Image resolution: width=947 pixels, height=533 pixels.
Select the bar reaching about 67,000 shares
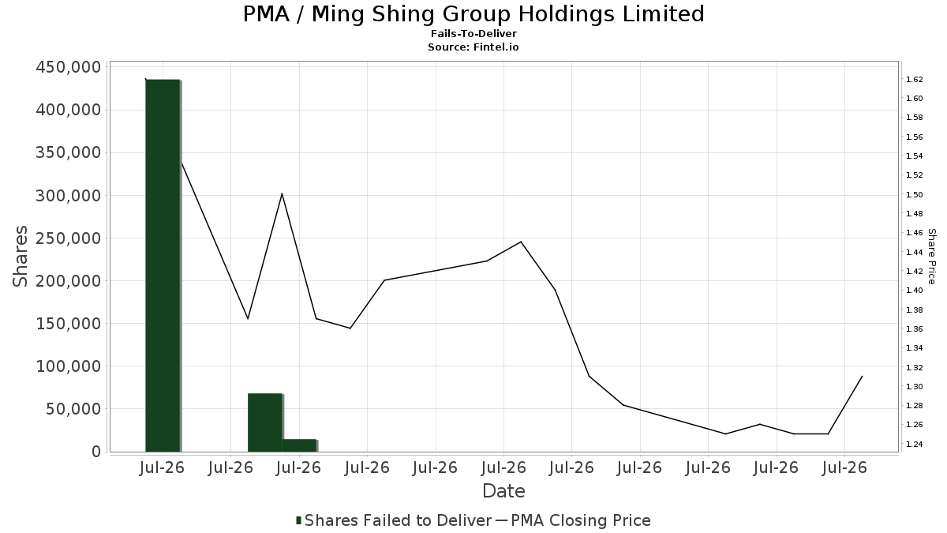pos(265,422)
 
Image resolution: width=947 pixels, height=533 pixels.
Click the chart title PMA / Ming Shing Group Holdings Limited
pos(473,14)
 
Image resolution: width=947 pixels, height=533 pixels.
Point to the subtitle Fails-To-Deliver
pos(473,33)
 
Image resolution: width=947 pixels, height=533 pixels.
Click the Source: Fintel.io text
pos(473,47)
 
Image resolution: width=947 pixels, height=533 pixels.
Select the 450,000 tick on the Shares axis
pos(69,67)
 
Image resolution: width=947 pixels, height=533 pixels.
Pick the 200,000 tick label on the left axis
pos(69,281)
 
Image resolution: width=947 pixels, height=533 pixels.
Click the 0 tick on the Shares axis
pos(97,452)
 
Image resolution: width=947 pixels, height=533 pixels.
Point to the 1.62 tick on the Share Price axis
pos(914,80)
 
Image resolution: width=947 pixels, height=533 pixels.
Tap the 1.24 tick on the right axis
pos(914,444)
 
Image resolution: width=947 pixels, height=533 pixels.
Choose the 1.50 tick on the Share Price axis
pos(914,194)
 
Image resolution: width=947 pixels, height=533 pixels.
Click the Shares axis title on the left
pos(20,257)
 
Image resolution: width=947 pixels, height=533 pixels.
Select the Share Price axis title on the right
pos(932,257)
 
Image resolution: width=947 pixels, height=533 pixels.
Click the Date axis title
pos(504,491)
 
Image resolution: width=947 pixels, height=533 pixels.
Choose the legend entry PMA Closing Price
pos(573,520)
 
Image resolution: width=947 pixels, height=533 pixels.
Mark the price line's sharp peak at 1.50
pos(282,193)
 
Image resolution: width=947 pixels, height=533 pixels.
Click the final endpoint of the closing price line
pos(862,376)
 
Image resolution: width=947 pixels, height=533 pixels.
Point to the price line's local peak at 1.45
pos(521,242)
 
